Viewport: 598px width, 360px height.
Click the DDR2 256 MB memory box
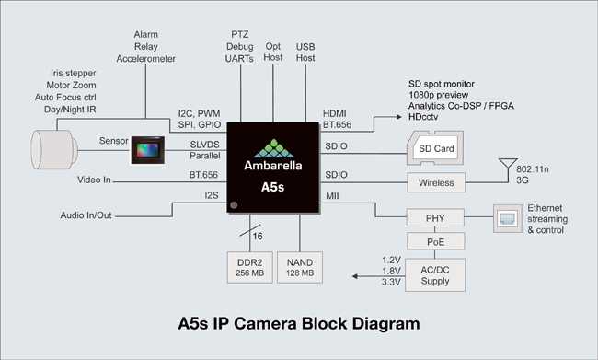tap(248, 266)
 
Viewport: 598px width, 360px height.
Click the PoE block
tap(436, 241)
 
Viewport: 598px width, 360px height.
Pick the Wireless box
tap(436, 182)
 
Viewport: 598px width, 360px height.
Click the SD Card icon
tap(435, 148)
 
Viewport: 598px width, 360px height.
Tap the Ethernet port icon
tap(508, 217)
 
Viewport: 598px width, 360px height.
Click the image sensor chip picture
tap(147, 149)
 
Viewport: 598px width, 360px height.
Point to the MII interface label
tap(332, 196)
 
